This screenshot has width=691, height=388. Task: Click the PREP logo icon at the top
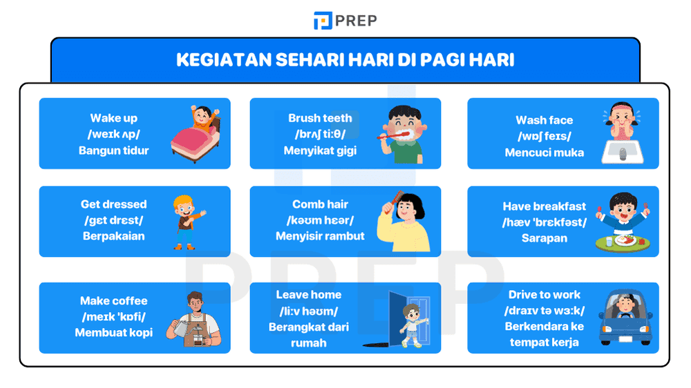[x=323, y=21]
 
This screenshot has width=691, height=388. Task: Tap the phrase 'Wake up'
[x=114, y=119]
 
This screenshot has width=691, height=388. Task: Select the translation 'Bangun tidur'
[x=114, y=151]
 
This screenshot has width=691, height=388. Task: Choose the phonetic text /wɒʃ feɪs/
[x=545, y=137]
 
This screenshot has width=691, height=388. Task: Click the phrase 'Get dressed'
[x=114, y=204]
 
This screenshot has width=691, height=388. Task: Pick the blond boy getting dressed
[x=185, y=220]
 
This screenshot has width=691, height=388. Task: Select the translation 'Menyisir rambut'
[x=320, y=236]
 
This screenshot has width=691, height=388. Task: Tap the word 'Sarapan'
[x=545, y=238]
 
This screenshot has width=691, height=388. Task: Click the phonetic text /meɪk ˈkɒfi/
[x=114, y=317]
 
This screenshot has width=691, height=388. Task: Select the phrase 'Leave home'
[x=309, y=295]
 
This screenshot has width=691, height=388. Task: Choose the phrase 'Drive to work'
[x=545, y=295]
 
